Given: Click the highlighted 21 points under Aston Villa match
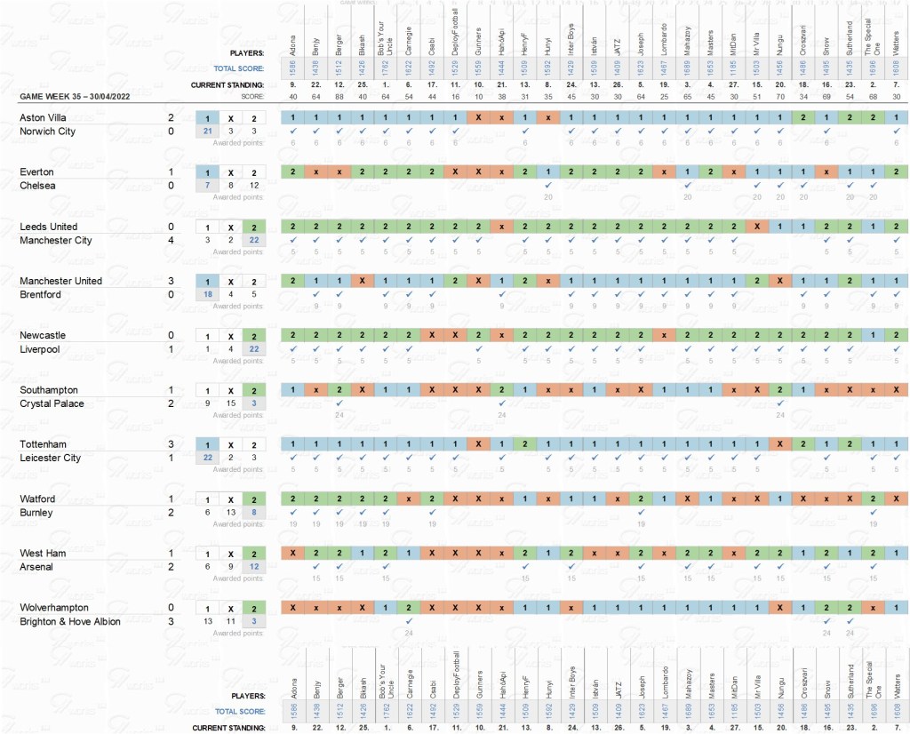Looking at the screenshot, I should [x=207, y=132].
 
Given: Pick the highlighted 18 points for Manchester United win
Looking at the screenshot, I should [x=207, y=295].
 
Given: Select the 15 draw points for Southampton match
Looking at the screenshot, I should [x=230, y=403].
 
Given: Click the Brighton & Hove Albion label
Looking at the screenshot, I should [x=70, y=621].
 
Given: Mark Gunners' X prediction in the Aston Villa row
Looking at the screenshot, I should [x=477, y=117].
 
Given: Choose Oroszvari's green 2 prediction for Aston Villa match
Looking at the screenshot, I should [x=802, y=117].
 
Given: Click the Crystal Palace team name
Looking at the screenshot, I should [x=49, y=403].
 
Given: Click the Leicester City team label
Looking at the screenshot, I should [x=51, y=459].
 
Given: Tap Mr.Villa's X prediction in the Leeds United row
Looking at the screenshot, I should [x=755, y=227].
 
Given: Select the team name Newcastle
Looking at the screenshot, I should [x=42, y=335].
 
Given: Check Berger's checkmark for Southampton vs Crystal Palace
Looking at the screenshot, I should [x=339, y=403].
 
